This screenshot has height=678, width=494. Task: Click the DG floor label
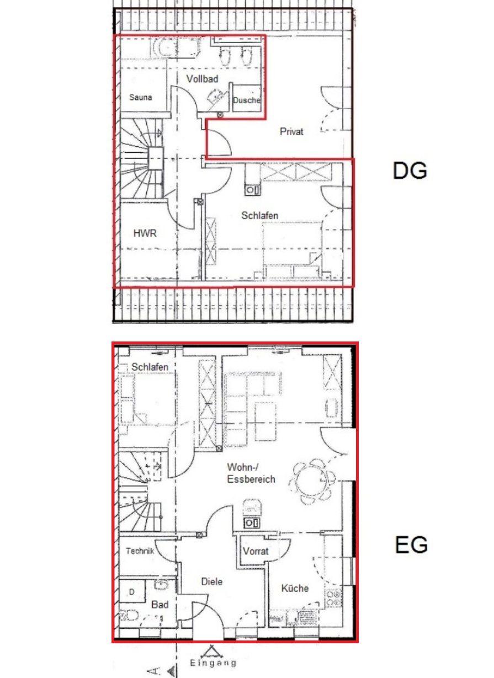coord(410,170)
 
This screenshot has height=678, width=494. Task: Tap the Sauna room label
coord(141,97)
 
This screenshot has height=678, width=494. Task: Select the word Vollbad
coord(203,79)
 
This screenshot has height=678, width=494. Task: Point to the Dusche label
coord(247,100)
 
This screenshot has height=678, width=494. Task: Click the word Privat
coord(291,132)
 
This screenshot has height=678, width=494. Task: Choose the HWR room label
coord(145,233)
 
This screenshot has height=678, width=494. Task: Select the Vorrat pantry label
coord(256,551)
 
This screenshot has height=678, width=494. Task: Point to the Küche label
coord(295,589)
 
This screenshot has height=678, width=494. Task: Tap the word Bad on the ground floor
coord(160,605)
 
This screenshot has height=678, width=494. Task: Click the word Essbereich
coord(251,479)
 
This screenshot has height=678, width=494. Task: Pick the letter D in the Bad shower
coord(132,592)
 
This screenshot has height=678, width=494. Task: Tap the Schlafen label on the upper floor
coord(259,216)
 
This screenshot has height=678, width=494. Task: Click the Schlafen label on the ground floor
coord(150,367)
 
